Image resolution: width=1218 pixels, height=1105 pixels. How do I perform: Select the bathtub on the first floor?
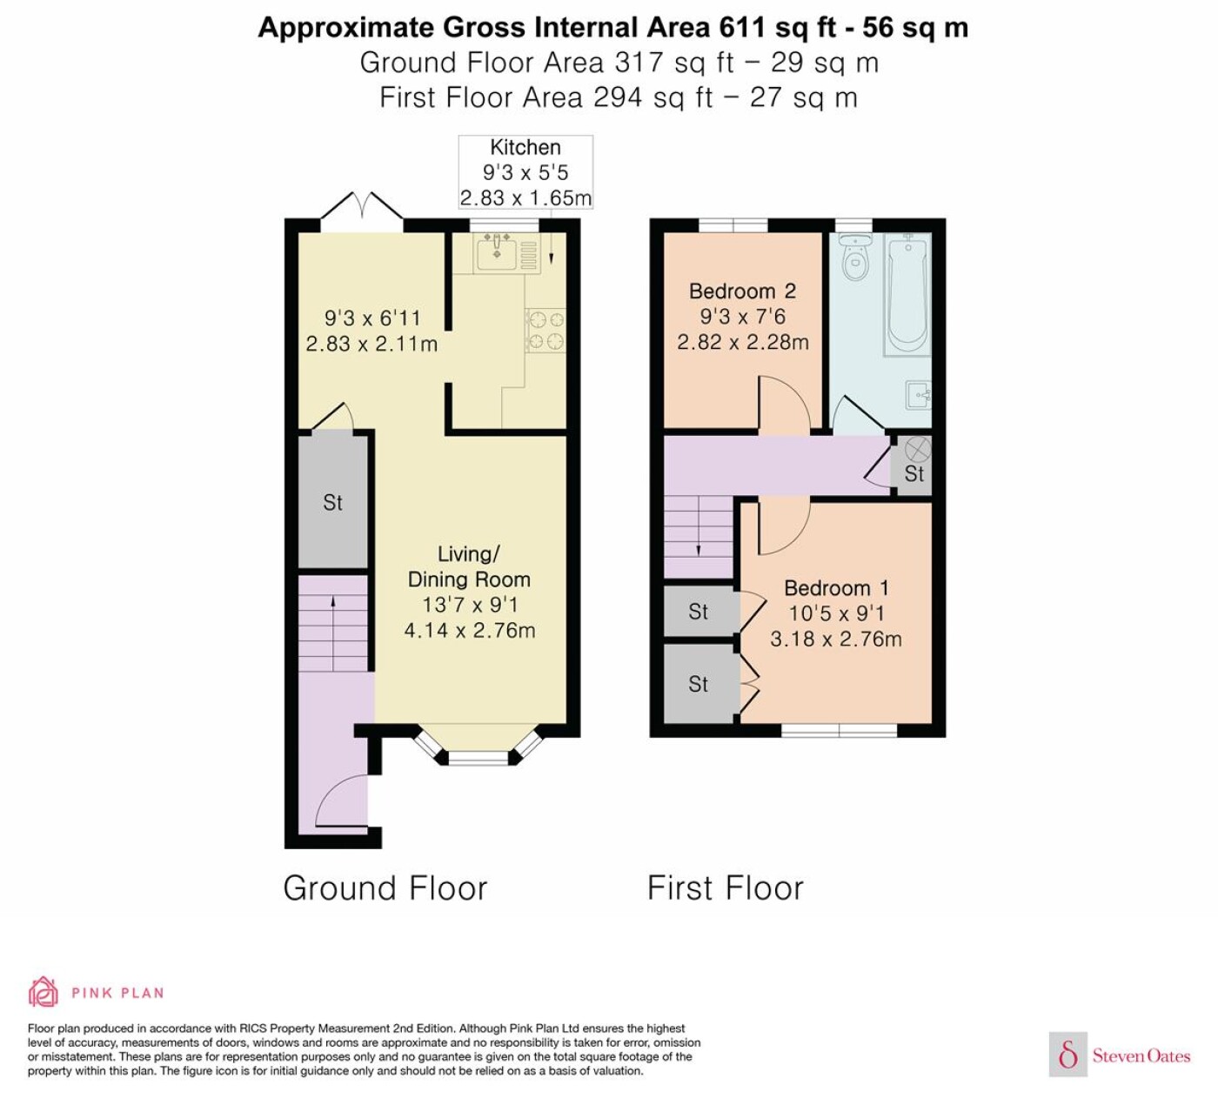(907, 296)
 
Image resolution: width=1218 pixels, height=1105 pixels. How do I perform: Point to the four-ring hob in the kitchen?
(545, 331)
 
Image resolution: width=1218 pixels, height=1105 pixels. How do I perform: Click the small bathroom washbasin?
(918, 396)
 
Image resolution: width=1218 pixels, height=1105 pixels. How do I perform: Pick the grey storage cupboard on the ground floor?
(332, 502)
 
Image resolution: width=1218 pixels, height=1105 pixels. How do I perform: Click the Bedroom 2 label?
(742, 291)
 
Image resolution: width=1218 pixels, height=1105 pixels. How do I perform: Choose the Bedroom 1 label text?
(836, 588)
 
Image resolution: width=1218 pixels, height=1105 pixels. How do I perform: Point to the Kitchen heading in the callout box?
(525, 147)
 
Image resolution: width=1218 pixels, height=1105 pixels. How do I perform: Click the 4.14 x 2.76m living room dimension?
(469, 631)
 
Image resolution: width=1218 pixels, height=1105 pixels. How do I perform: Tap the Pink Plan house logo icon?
(43, 993)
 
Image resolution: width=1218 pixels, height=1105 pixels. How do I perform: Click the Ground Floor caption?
(385, 888)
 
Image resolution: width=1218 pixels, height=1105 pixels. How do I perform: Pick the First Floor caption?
(726, 888)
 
